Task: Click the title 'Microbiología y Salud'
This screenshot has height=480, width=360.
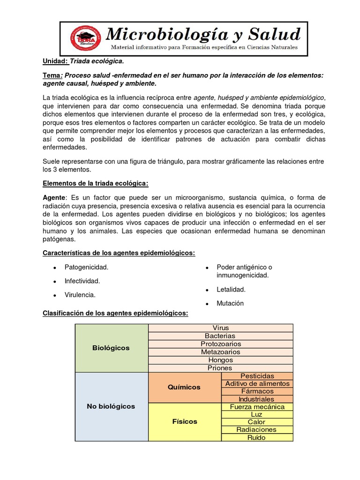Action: tap(203, 34)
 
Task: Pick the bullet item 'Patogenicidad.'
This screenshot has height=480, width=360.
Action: tap(86, 267)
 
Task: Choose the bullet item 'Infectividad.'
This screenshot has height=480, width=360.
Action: tap(82, 281)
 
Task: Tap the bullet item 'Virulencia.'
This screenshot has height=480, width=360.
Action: tap(80, 295)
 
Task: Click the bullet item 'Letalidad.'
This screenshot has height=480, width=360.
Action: tap(231, 290)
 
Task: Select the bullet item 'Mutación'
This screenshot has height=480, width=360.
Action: tap(230, 303)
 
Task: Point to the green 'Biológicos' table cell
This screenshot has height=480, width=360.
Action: tap(111, 348)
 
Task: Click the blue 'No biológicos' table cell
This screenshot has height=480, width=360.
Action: tap(111, 406)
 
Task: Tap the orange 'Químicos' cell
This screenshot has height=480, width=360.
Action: tap(184, 387)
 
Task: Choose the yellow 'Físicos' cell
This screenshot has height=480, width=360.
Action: tap(184, 421)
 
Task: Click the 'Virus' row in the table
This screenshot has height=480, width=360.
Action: tap(220, 328)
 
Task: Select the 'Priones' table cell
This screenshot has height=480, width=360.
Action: tap(220, 368)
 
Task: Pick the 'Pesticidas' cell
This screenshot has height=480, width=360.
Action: tap(257, 376)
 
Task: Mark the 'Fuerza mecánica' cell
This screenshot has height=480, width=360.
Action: tap(257, 407)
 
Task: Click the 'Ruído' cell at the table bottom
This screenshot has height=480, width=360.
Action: tap(257, 437)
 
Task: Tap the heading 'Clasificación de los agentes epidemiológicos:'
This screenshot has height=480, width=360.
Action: tap(115, 313)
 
